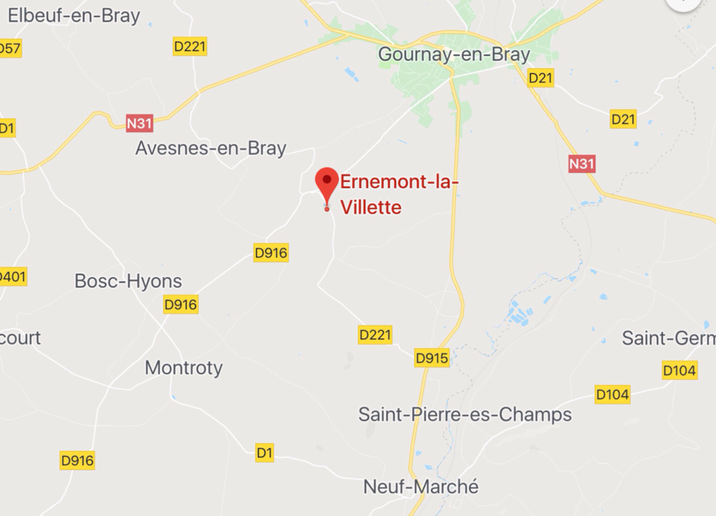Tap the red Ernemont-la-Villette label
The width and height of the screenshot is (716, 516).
399,194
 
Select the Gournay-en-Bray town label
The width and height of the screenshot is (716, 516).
454,54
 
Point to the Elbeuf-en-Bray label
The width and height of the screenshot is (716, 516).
73,16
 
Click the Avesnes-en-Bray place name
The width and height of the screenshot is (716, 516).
211,148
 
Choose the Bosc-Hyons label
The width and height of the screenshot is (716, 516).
128,281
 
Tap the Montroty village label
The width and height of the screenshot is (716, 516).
184,367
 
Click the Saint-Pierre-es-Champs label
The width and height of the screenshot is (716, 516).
465,414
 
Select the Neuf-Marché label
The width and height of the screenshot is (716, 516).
421,487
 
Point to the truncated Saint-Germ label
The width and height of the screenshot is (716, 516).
668,338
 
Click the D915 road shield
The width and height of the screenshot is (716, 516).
432,358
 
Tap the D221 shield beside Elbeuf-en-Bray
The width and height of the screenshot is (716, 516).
190,46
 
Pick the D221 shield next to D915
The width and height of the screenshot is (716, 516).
375,335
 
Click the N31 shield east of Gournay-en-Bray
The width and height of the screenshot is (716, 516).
582,164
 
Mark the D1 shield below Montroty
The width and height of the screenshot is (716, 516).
264,452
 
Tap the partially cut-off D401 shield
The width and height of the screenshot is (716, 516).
12,277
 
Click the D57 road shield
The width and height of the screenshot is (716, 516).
10,49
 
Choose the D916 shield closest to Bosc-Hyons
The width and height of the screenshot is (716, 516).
181,304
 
